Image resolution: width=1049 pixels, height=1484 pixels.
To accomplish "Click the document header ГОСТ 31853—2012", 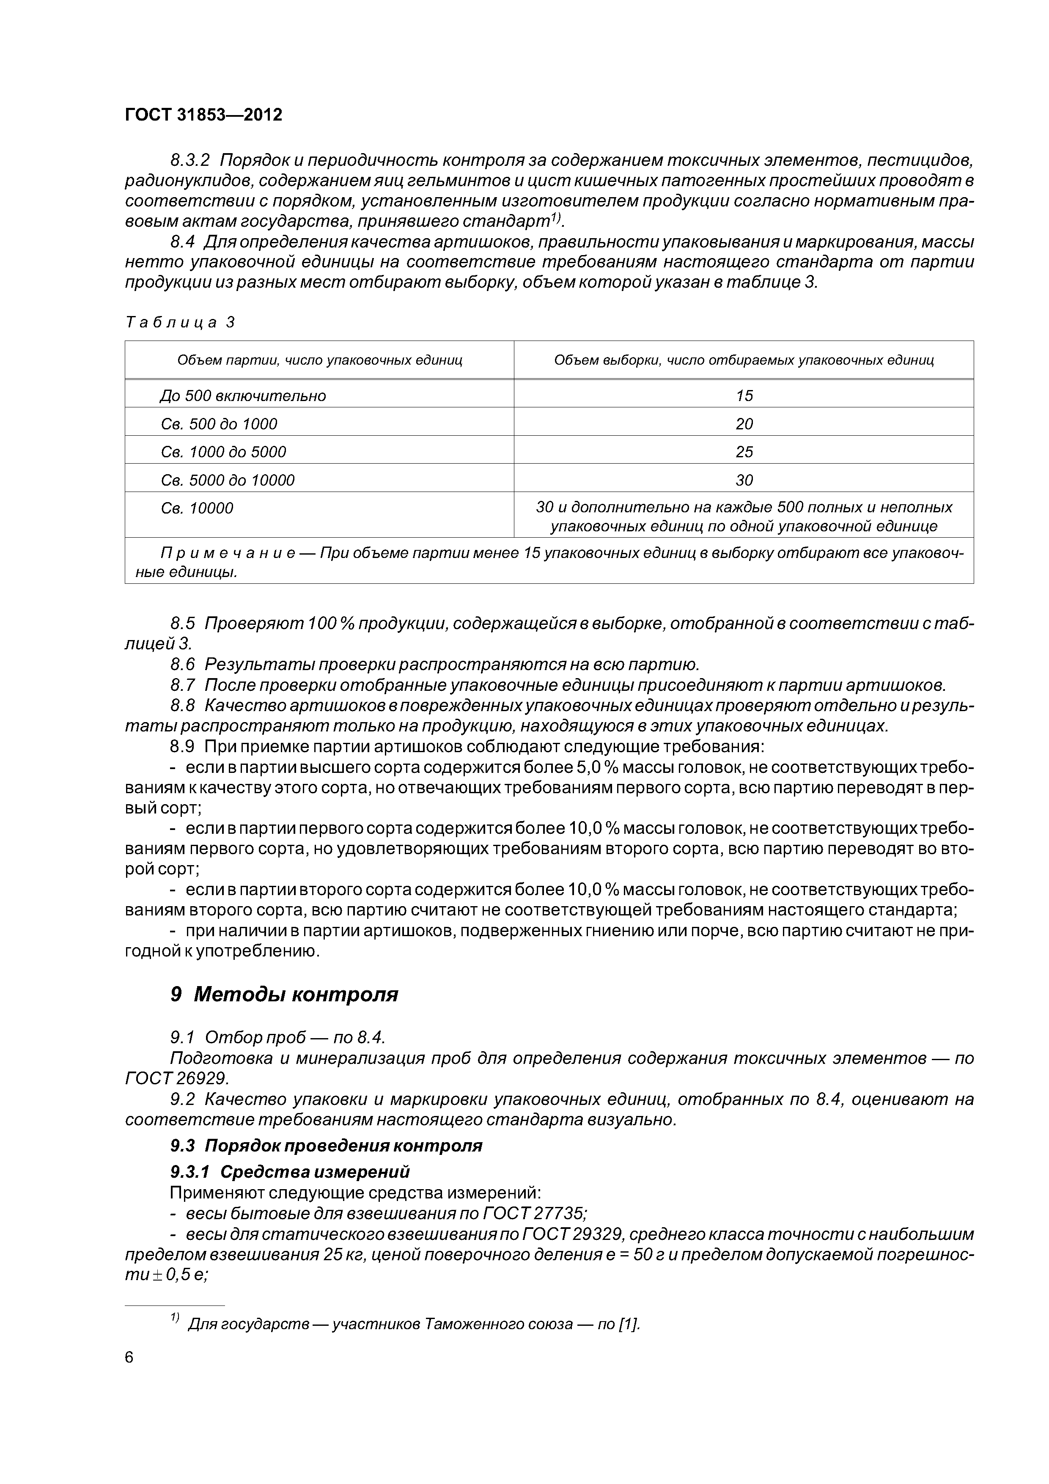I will [x=203, y=115].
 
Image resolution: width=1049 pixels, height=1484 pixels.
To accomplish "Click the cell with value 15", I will [x=744, y=396].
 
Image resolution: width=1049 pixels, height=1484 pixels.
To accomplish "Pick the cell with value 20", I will [x=744, y=424].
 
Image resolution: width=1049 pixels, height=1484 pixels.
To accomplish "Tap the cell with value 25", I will [x=744, y=452].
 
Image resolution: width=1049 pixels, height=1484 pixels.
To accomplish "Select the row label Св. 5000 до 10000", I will [x=228, y=480].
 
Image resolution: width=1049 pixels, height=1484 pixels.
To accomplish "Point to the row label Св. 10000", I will [x=197, y=508].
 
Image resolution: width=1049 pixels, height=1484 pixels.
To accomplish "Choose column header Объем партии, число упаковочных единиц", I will [x=320, y=360].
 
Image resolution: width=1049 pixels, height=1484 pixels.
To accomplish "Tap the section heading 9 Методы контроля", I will [x=284, y=994].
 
